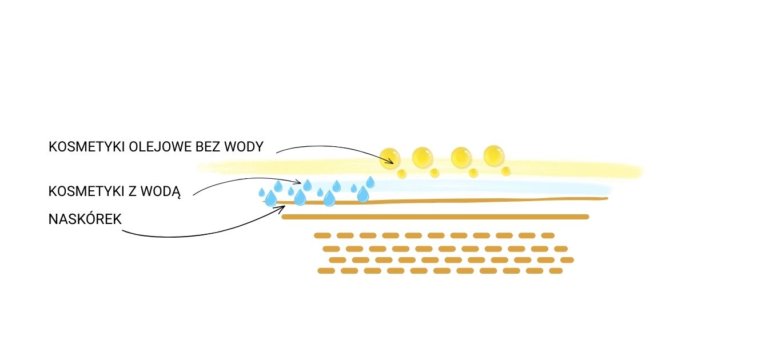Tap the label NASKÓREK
[85, 219]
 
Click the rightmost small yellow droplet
[506, 171]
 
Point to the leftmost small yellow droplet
[401, 173]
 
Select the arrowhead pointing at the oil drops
[392, 162]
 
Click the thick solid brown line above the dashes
[435, 217]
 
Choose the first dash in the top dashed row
[322, 235]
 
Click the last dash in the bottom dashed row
[555, 271]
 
